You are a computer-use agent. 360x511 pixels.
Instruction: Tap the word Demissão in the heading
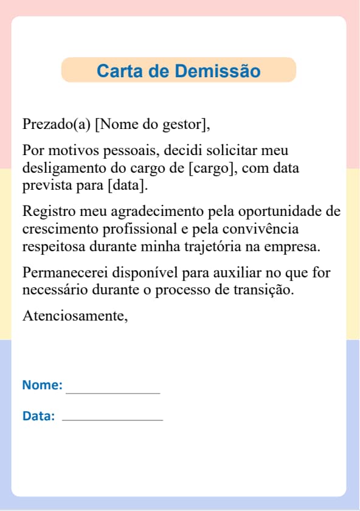point(218,71)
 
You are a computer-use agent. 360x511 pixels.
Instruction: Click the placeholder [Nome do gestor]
point(153,125)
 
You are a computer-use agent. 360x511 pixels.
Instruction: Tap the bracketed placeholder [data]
point(128,184)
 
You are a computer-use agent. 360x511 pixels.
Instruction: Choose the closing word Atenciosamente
point(75,316)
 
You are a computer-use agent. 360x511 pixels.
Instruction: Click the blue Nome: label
point(42,385)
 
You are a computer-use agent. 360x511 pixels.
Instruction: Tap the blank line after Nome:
point(113,392)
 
